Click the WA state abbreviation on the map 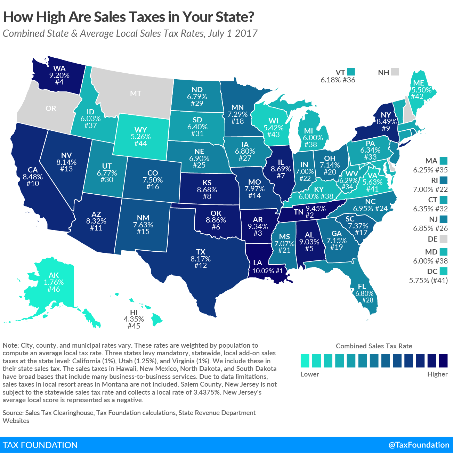[x=59, y=68]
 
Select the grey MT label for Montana [x=136, y=93]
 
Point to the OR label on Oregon [x=51, y=108]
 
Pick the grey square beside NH [x=395, y=72]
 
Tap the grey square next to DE [x=443, y=239]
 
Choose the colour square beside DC [x=443, y=271]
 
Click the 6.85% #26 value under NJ [x=430, y=228]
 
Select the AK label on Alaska [x=54, y=275]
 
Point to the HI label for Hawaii [x=134, y=313]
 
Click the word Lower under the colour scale [x=310, y=374]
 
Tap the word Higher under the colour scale [x=437, y=374]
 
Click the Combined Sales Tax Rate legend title [x=374, y=346]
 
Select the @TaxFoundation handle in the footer [x=419, y=445]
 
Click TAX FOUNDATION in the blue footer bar [x=40, y=445]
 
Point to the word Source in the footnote [x=13, y=413]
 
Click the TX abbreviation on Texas [x=201, y=252]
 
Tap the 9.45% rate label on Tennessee [x=316, y=209]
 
